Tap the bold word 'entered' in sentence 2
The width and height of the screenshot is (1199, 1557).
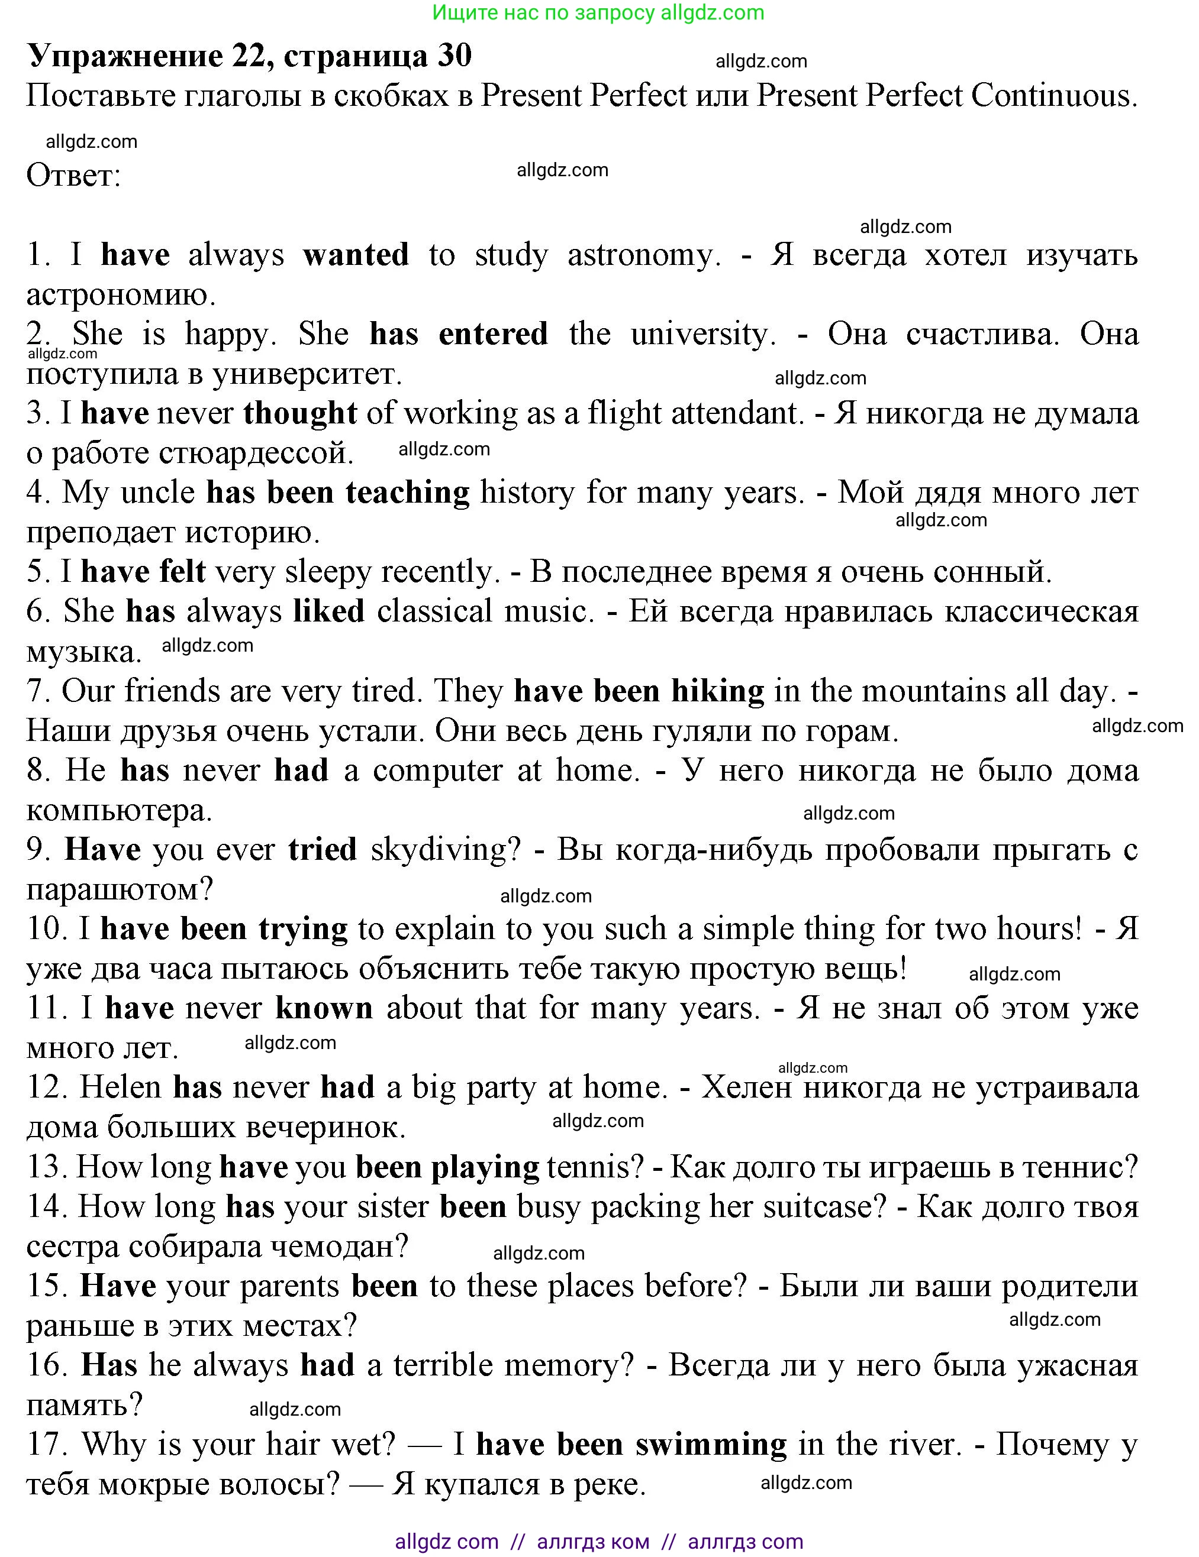point(493,334)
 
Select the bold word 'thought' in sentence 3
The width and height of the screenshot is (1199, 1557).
point(299,413)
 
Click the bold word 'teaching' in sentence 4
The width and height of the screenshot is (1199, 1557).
point(407,493)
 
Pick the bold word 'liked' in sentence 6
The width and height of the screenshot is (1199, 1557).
point(329,611)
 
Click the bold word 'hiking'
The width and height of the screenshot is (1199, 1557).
point(717,691)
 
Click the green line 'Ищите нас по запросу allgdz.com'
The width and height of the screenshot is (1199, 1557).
point(598,13)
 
